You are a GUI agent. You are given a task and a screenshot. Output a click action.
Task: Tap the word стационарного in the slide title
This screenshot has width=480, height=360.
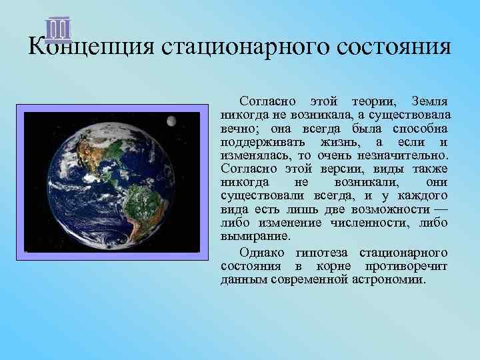pyautogui.click(x=229, y=48)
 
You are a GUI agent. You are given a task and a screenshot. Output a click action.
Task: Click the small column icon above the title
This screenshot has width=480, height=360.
pyautogui.click(x=59, y=29)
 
